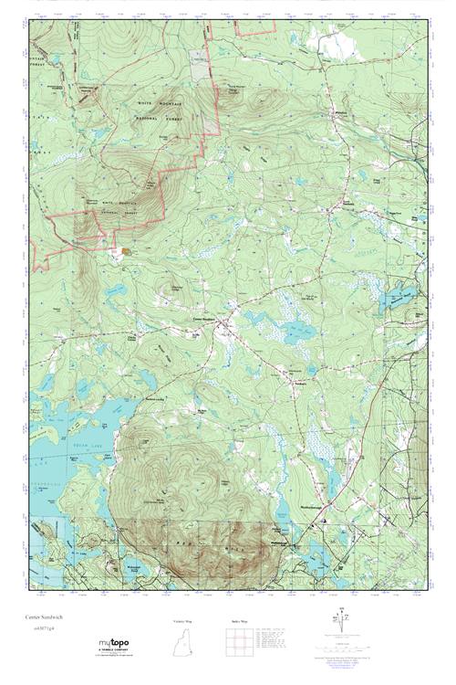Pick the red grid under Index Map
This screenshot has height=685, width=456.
click(x=240, y=645)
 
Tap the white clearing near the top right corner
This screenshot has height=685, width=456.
click(x=333, y=40)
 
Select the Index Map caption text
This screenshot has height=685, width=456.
click(x=240, y=621)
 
